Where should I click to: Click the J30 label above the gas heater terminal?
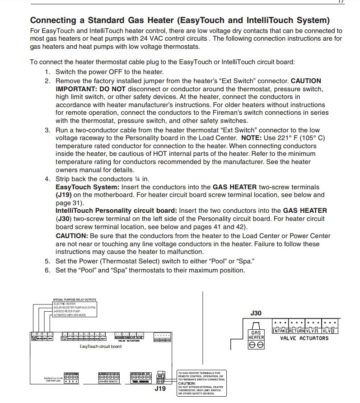click(x=256, y=313)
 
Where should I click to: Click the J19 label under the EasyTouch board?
click(x=160, y=388)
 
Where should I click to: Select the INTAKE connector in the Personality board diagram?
click(x=280, y=331)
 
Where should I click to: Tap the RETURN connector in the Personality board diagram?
click(x=297, y=331)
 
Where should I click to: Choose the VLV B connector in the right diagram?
click(x=330, y=331)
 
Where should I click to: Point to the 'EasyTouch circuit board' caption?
click(x=100, y=347)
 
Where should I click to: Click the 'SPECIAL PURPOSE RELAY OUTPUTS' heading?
click(x=75, y=300)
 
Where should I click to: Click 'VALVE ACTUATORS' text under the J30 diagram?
click(x=304, y=338)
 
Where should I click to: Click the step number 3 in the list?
click(x=47, y=130)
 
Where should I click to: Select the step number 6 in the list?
click(x=47, y=270)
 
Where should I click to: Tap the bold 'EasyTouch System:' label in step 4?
click(x=85, y=187)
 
